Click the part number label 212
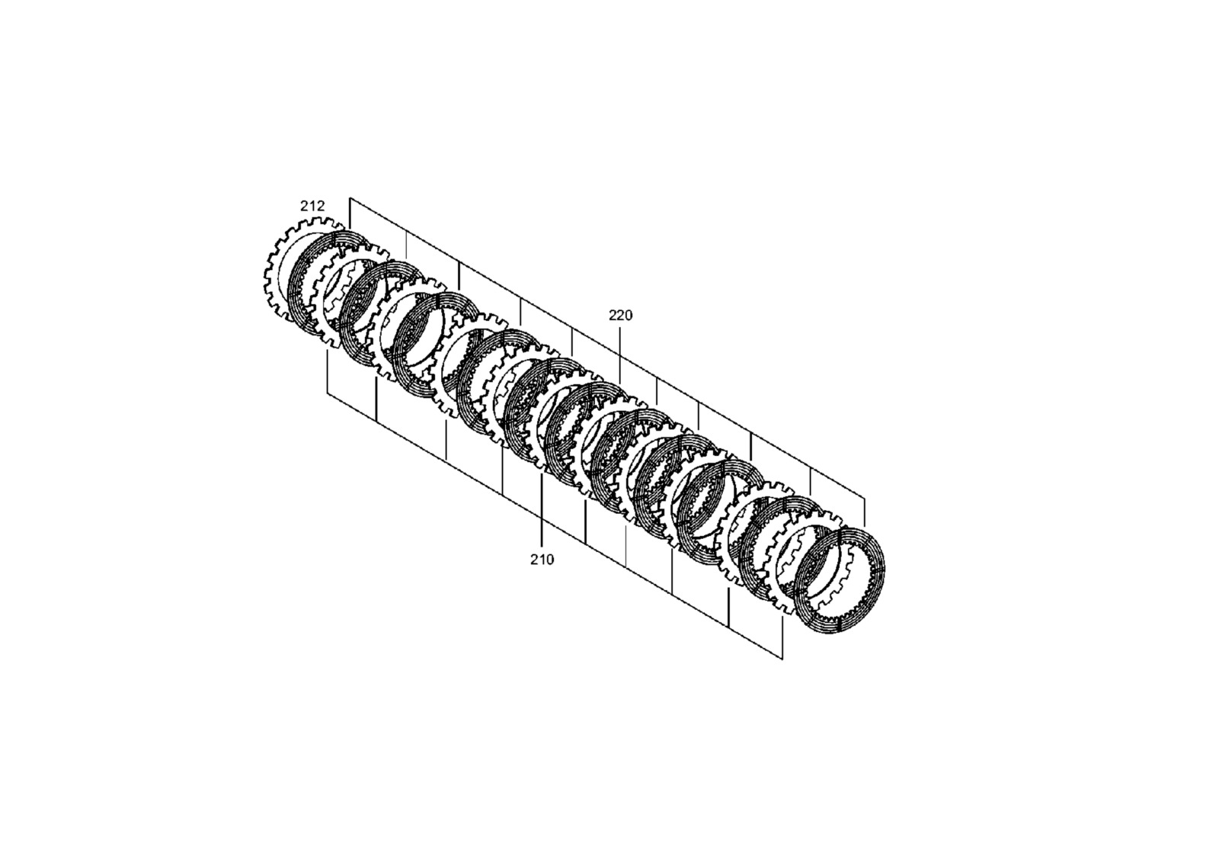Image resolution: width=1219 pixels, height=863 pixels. [312, 206]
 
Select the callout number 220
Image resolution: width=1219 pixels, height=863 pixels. [620, 316]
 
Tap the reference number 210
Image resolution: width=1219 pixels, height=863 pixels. [542, 559]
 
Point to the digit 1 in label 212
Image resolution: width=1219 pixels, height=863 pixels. [312, 206]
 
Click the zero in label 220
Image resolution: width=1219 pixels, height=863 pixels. [629, 316]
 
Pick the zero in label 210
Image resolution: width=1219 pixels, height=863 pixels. [550, 559]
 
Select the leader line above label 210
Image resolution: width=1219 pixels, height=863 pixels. [542, 511]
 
